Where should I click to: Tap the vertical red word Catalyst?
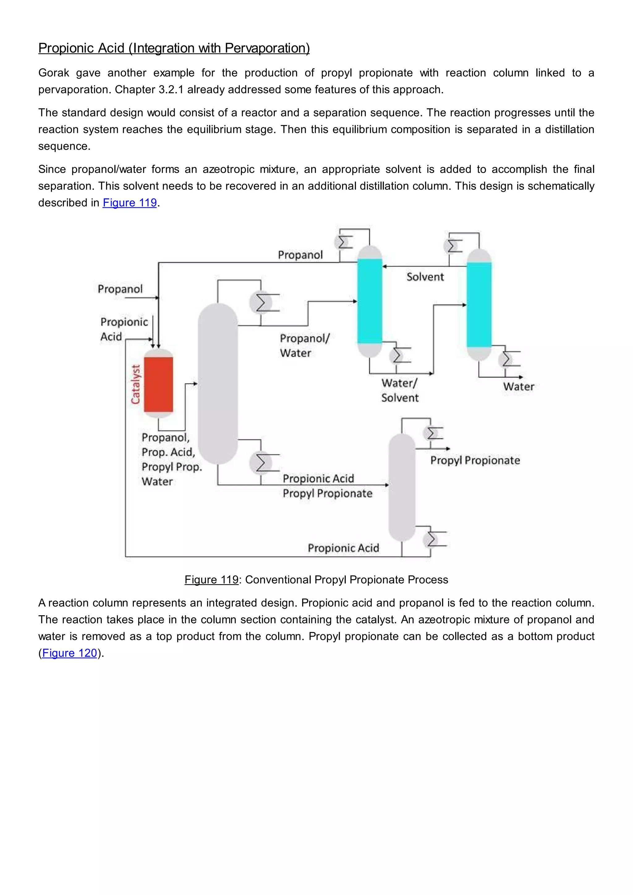[x=135, y=384]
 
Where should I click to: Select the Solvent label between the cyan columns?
[x=425, y=277]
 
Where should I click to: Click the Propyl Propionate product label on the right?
[x=475, y=460]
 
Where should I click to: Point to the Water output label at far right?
[x=518, y=387]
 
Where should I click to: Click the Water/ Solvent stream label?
[x=400, y=390]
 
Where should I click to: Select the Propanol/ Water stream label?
[x=304, y=346]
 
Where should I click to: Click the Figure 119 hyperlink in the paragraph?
[x=130, y=203]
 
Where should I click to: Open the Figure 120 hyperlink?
[x=69, y=653]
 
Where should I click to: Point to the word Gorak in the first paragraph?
[x=53, y=73]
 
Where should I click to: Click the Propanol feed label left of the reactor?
[x=120, y=289]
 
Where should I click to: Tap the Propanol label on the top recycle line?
[x=300, y=255]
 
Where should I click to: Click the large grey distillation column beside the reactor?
[x=218, y=384]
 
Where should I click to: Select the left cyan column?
[x=370, y=301]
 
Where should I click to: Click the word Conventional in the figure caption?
[x=278, y=580]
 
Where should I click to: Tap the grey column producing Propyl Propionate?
[x=402, y=487]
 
